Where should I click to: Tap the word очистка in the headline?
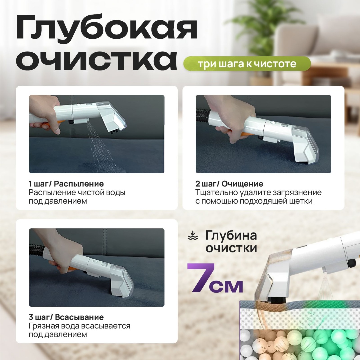coord(97,59)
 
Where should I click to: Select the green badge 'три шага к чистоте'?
coord(247,64)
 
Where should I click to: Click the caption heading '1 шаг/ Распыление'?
coord(66,184)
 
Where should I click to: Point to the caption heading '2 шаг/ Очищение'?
coord(229,184)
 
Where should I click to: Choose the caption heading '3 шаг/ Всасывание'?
coord(66,317)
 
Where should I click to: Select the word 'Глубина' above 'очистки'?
coord(231,236)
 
